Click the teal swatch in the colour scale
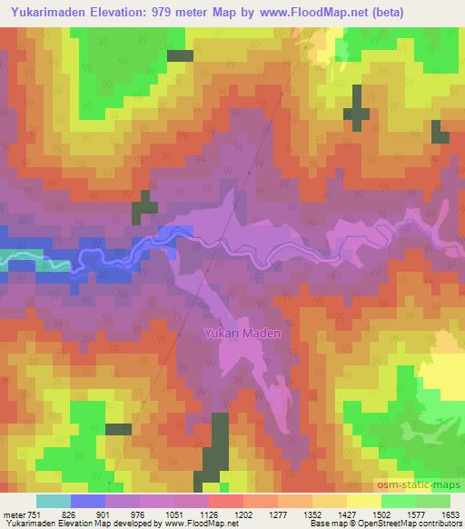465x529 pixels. [x=53, y=501]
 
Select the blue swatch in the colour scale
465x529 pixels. [x=87, y=501]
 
